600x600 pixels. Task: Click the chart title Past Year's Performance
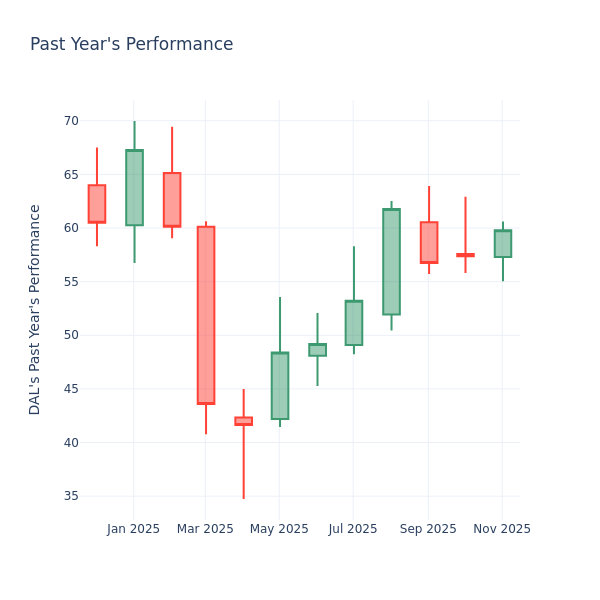(131, 45)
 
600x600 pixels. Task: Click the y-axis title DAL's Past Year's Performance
(35, 309)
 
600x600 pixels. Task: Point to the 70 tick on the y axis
(71, 121)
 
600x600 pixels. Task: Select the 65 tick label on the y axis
(71, 175)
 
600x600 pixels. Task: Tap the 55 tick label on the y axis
(71, 282)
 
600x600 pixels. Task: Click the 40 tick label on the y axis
(71, 442)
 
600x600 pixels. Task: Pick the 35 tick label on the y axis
(71, 496)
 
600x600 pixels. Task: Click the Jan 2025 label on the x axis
(133, 529)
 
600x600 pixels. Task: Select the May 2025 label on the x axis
(279, 529)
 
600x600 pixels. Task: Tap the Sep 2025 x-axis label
(428, 529)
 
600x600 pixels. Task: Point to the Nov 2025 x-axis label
(502, 529)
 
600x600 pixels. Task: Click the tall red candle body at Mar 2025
(206, 315)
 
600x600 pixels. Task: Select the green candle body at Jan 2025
(134, 188)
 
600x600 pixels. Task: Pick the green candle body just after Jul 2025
(391, 262)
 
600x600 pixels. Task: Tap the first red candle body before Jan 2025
(97, 204)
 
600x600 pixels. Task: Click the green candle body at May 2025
(280, 386)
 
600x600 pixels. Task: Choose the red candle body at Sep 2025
(429, 242)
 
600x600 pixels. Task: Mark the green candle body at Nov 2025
(503, 244)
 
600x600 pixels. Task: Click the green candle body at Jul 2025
(354, 323)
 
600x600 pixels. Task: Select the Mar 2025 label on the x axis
(205, 529)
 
